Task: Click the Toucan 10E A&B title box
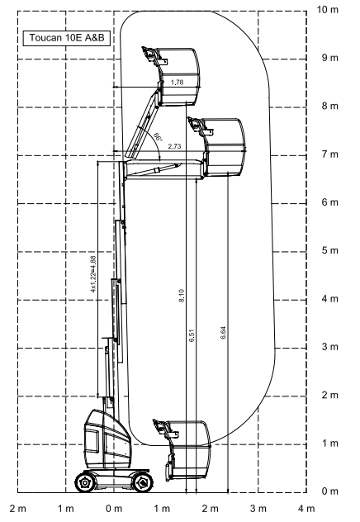67,38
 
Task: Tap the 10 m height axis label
328,10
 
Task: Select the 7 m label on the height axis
329,154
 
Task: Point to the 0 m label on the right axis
329,491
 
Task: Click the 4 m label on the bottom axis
306,509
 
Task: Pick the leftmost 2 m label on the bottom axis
18,509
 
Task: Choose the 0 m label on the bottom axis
114,509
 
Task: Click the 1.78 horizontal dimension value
177,83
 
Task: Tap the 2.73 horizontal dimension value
174,146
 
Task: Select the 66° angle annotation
158,137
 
